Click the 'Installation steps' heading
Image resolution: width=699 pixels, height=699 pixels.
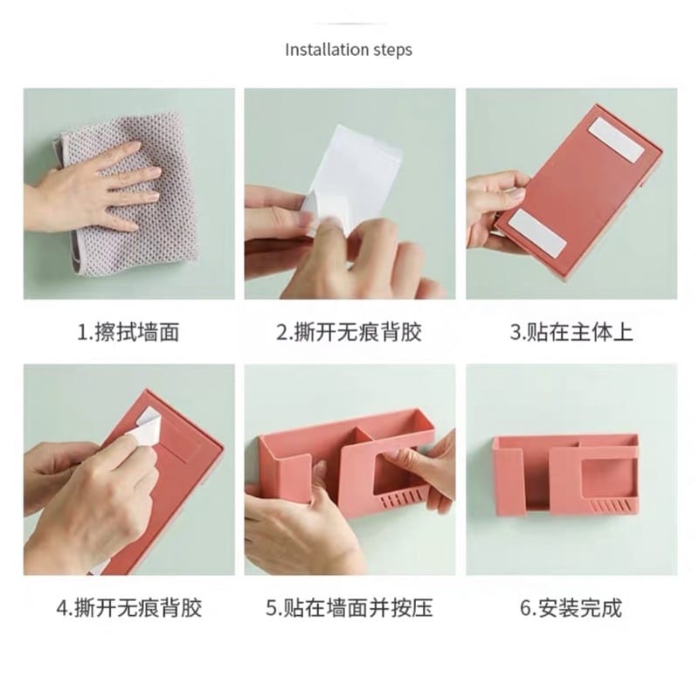[x=349, y=50]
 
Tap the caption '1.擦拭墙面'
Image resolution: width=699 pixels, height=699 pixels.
[x=128, y=333]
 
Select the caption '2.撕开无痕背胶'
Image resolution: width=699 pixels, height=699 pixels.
[x=349, y=333]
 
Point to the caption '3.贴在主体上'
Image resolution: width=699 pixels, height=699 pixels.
[x=571, y=333]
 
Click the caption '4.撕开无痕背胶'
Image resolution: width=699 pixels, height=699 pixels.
[x=129, y=607]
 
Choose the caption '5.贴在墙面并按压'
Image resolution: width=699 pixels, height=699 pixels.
[x=349, y=607]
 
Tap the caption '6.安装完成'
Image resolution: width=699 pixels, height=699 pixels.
[x=571, y=607]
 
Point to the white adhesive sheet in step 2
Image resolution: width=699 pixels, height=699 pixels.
[x=352, y=178]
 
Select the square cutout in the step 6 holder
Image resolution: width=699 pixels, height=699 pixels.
[x=607, y=475]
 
